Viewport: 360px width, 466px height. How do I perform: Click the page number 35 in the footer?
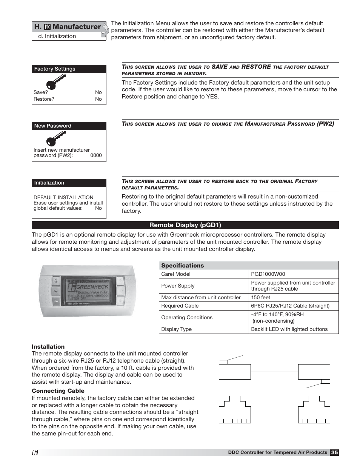(334, 452)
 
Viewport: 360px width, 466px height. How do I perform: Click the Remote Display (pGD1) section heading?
(185, 225)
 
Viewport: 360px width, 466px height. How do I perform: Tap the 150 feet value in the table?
(261, 297)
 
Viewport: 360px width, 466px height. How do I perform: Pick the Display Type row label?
(176, 329)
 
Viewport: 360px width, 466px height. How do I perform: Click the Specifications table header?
(182, 266)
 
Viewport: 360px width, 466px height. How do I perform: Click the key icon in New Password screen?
(56, 140)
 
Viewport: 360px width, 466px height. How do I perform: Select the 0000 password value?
(96, 155)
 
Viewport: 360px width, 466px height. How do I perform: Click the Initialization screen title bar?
(69, 183)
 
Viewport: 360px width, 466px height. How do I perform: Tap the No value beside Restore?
(98, 99)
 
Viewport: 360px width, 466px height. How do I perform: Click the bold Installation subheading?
(48, 347)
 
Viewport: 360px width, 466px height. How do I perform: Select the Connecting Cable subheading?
(58, 391)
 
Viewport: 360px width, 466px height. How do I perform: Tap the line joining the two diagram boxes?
(274, 372)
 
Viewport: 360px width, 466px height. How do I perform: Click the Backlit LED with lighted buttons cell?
(289, 329)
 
